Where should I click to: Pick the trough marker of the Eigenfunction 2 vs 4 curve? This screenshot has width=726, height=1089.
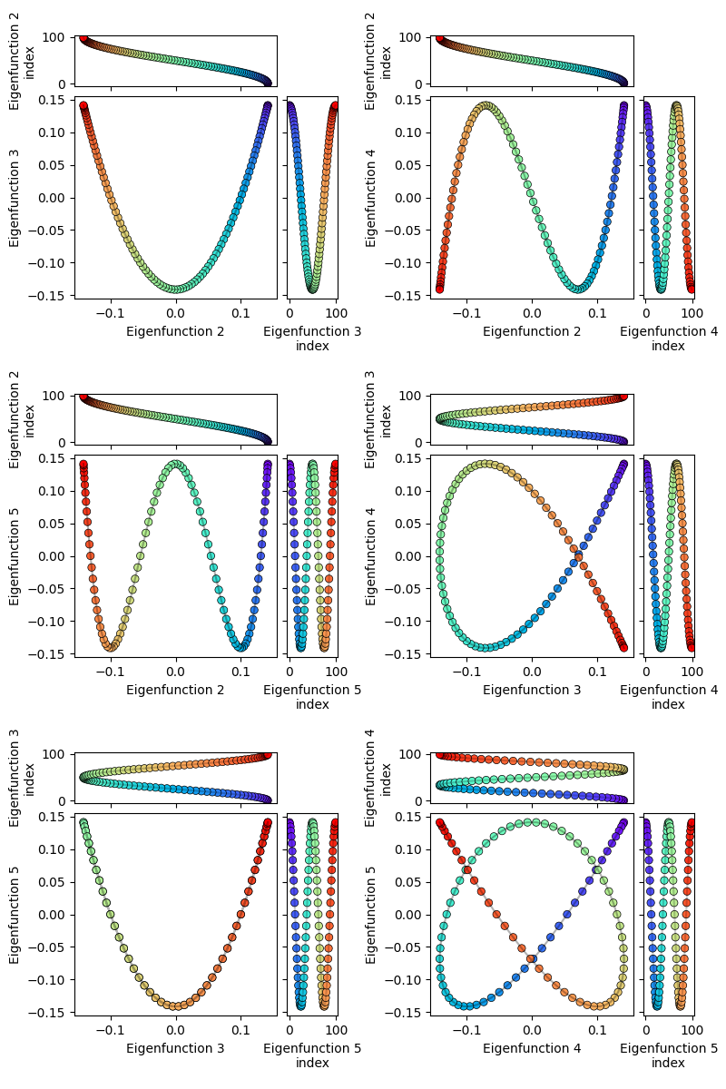click(578, 289)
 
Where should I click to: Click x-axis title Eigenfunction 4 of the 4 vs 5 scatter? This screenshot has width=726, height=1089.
click(532, 1048)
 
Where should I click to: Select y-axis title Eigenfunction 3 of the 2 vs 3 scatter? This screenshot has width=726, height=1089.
click(15, 198)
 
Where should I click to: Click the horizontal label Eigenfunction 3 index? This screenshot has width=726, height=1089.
click(312, 338)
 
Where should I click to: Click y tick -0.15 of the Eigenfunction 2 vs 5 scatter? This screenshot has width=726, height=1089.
click(53, 653)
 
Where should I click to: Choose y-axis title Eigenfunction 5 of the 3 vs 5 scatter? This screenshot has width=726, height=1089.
click(15, 914)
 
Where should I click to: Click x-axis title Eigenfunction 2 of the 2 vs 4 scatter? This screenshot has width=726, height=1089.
click(532, 331)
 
